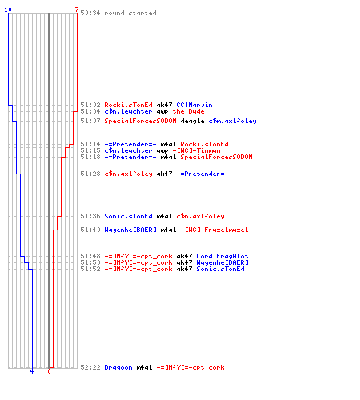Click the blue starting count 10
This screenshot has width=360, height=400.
(8, 10)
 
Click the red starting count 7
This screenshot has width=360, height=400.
(77, 10)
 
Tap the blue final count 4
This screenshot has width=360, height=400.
(32, 371)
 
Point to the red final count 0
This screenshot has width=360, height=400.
(49, 371)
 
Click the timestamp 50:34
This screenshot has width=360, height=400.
(90, 13)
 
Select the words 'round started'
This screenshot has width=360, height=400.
(130, 13)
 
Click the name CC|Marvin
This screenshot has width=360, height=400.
(194, 105)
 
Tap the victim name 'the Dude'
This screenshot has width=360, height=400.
(188, 111)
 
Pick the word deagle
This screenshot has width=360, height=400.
(192, 121)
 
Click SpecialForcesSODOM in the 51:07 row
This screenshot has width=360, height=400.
(140, 121)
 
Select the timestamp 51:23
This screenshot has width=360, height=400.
(90, 174)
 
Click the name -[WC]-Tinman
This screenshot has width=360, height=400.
(196, 150)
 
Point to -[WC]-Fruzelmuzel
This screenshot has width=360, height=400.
(214, 230)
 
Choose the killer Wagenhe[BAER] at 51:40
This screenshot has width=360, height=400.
(130, 230)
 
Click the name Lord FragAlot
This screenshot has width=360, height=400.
(222, 256)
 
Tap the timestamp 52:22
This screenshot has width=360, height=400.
(90, 367)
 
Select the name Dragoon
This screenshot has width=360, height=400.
(118, 367)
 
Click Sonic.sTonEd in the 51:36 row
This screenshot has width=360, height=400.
(128, 216)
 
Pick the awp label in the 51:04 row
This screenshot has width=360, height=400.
(162, 112)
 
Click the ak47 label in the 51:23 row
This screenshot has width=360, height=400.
(164, 174)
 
